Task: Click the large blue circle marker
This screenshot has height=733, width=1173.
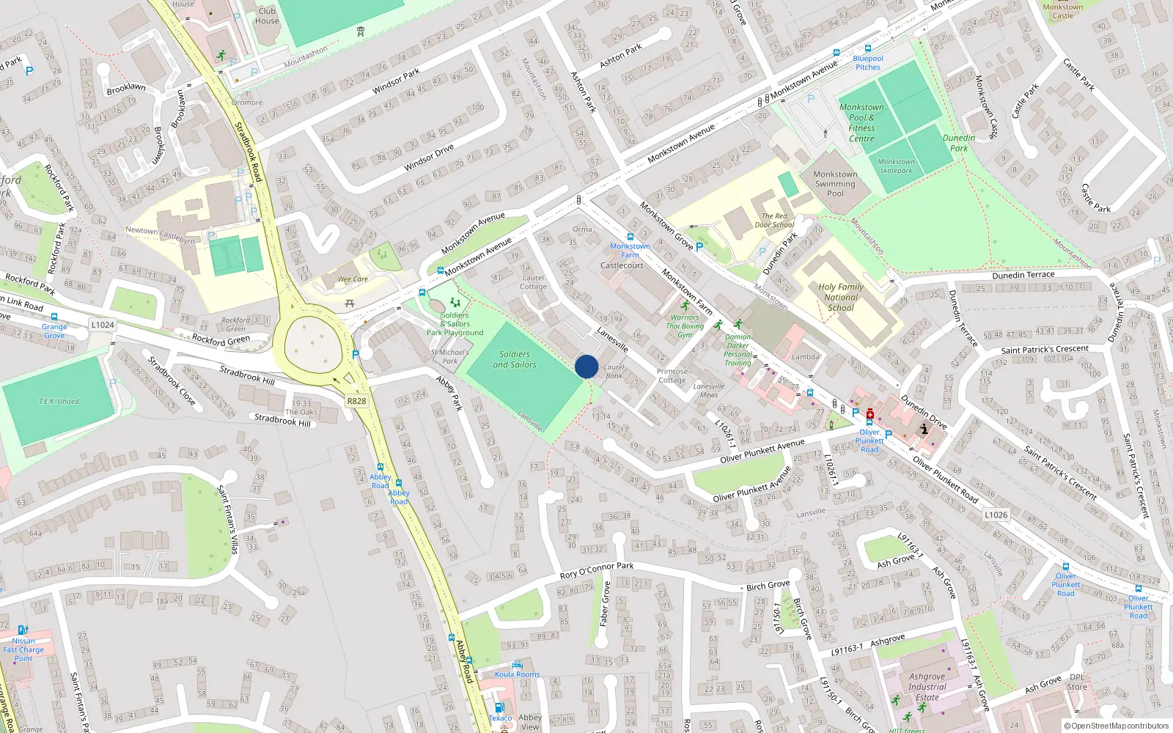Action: click(586, 366)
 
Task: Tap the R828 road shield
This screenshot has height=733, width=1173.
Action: click(356, 401)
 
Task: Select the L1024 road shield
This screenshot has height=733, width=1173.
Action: click(103, 325)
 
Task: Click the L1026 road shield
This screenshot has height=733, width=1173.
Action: click(996, 515)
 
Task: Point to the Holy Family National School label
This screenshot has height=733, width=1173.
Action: click(841, 298)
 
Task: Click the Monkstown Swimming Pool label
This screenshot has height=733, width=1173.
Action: click(835, 184)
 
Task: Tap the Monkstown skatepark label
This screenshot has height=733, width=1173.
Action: click(896, 166)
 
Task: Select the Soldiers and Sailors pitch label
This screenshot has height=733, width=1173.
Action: click(514, 359)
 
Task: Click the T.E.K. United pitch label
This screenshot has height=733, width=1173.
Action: click(59, 402)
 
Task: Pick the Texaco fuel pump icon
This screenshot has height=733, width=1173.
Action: click(499, 707)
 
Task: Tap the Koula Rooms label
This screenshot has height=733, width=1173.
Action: click(517, 674)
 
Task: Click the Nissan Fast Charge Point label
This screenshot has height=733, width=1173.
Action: click(23, 649)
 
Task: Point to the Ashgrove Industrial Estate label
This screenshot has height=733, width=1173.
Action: click(927, 687)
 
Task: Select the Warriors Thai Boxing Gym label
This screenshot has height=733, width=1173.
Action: click(685, 326)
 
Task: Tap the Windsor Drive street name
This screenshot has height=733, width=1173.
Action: click(429, 158)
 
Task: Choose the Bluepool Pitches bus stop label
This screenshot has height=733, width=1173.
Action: click(868, 63)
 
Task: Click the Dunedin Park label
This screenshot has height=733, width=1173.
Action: click(959, 143)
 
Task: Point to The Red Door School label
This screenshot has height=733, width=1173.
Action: click(774, 221)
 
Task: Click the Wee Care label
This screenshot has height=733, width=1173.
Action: click(353, 279)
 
